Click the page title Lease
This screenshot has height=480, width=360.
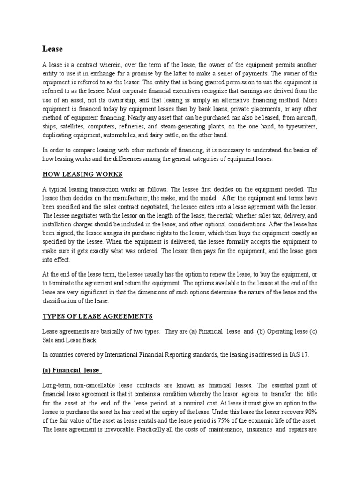52,49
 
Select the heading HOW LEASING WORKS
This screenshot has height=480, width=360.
82,174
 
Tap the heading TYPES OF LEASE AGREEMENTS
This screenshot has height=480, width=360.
97,316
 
